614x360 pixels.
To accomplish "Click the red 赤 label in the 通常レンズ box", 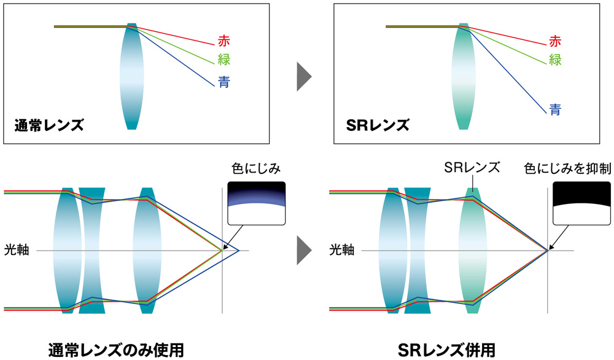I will (x=224, y=42).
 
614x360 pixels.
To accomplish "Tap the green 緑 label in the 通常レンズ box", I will (x=224, y=60).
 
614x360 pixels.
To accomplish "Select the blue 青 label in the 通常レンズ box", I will (x=224, y=82).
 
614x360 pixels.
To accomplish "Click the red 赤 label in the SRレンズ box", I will (x=555, y=42).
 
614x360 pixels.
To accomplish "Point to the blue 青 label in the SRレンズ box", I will (x=555, y=111).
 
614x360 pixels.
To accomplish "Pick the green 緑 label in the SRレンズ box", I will (x=555, y=60).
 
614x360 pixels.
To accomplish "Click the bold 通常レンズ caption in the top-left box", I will (x=49, y=126).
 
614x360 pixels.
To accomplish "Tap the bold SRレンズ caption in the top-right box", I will (x=377, y=126).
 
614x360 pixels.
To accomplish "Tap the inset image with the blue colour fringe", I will (x=257, y=203).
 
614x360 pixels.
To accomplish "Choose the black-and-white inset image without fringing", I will (x=581, y=203).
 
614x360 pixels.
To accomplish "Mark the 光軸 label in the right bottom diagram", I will (x=342, y=250).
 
